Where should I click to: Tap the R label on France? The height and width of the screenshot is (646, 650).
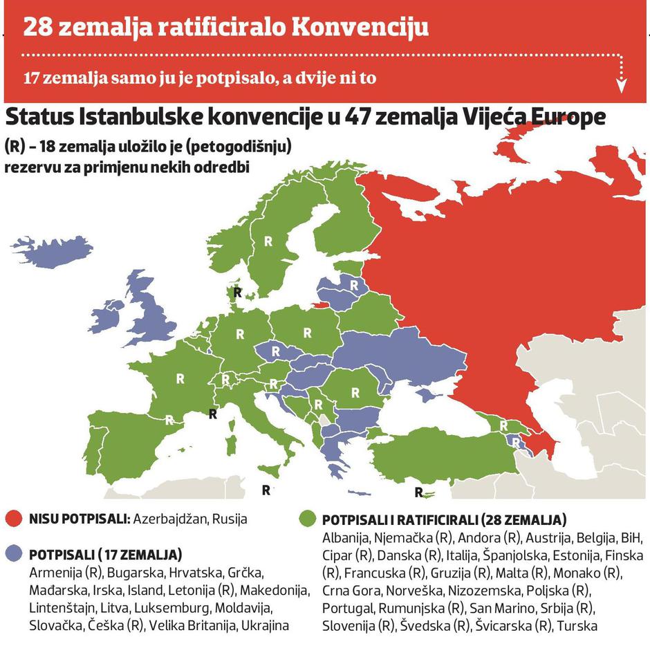click(x=180, y=378)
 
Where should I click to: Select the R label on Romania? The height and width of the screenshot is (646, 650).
click(x=355, y=392)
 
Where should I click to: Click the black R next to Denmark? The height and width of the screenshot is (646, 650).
click(x=237, y=293)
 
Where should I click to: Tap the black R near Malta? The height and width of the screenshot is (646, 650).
click(x=266, y=490)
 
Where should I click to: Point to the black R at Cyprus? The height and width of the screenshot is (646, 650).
click(x=418, y=492)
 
